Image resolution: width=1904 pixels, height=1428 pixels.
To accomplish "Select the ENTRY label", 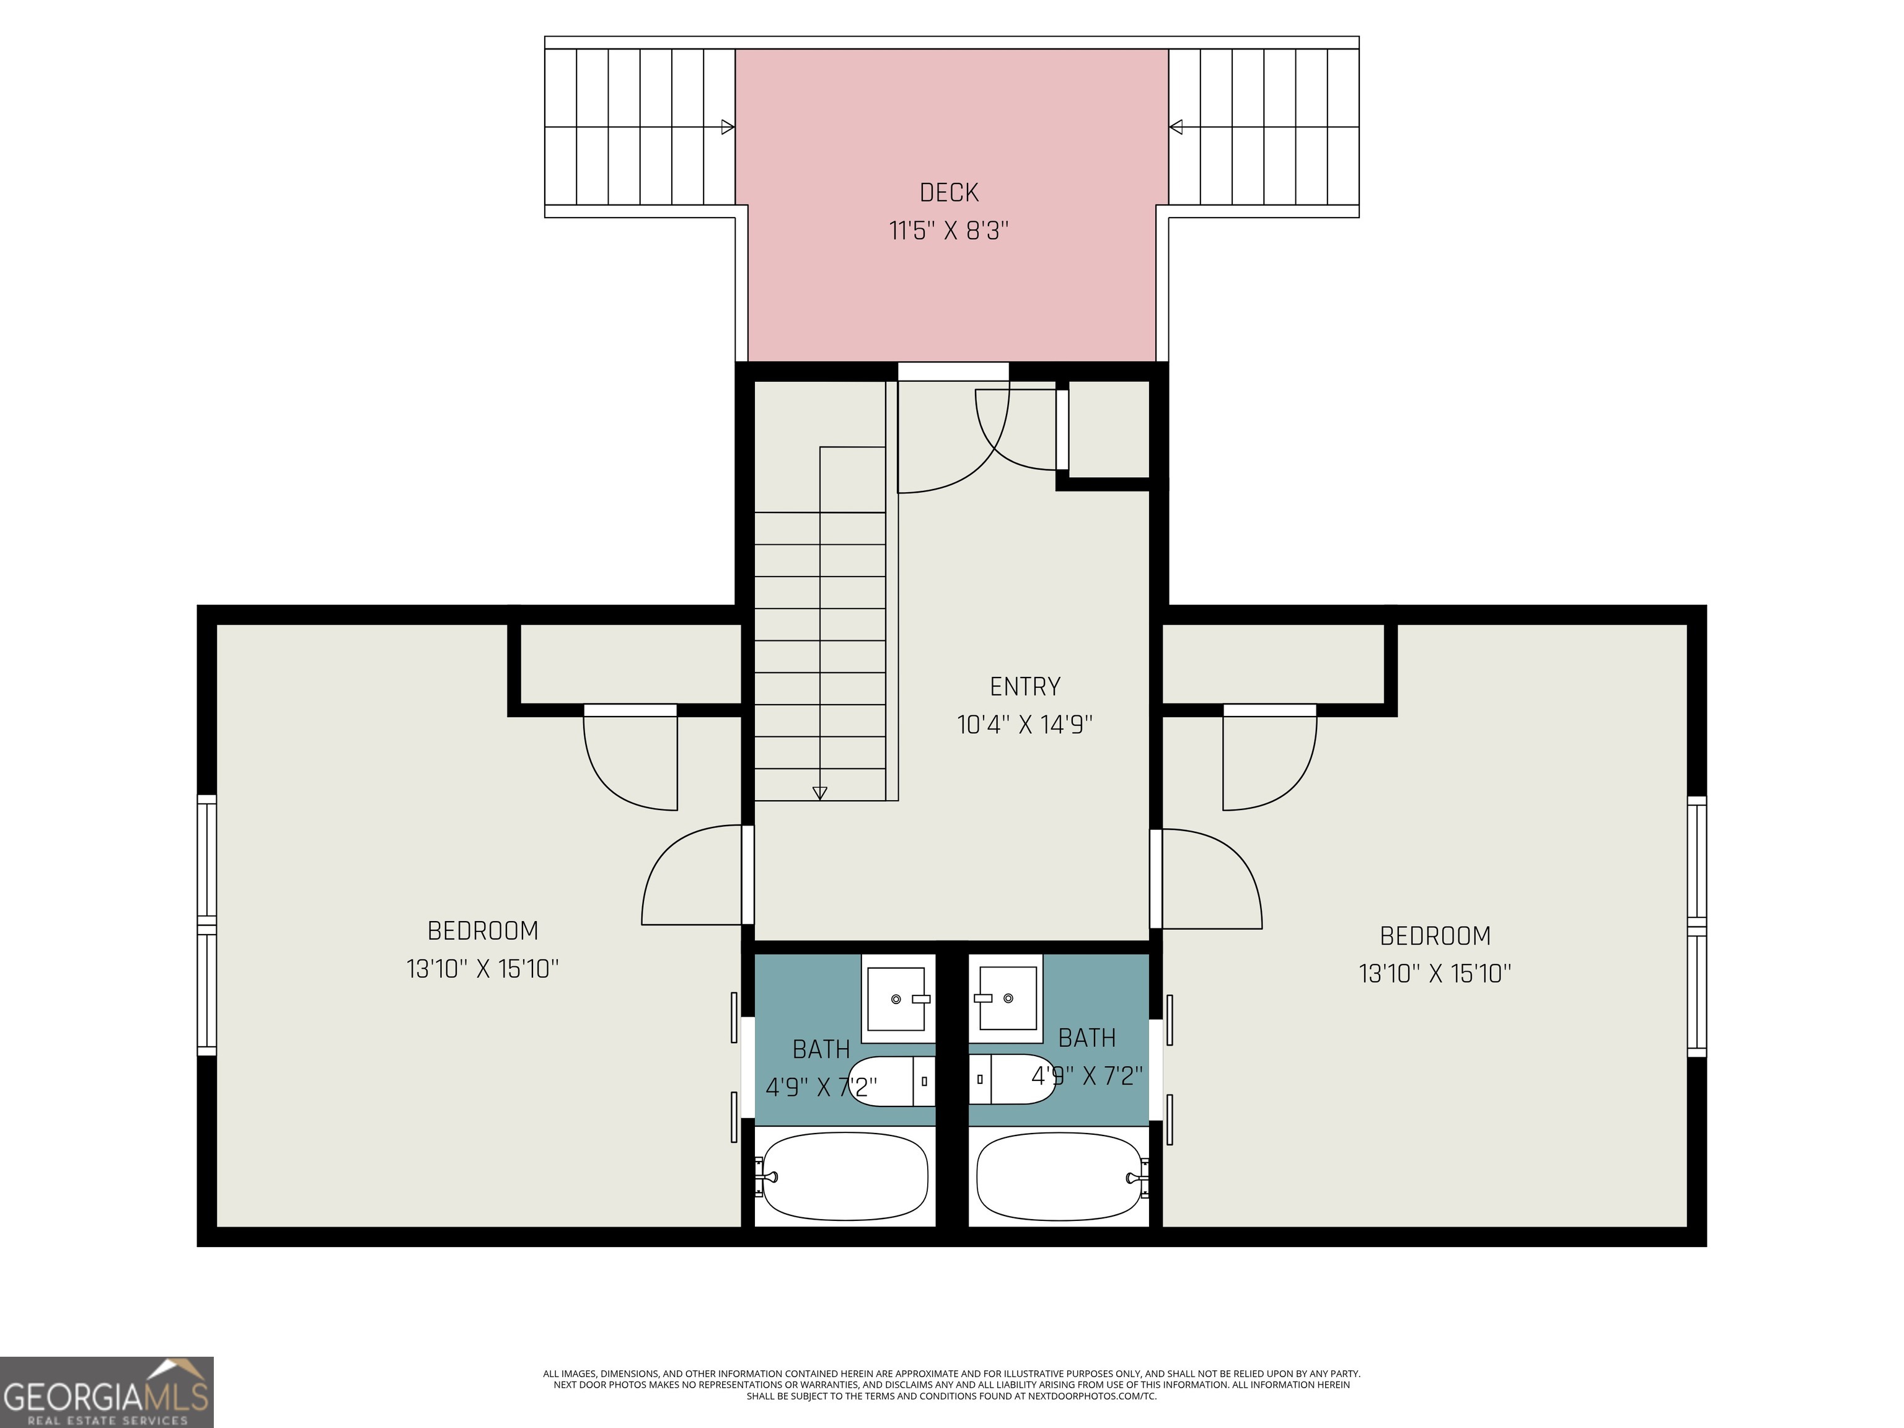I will point(1025,686).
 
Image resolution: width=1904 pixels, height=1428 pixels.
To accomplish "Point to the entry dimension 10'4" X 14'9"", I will point(1025,725).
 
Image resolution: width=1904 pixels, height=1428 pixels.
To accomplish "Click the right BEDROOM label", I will point(1435,936).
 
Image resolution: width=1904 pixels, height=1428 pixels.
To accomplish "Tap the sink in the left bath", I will point(896,998).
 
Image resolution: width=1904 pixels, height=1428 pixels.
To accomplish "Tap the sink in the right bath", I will point(1007,998).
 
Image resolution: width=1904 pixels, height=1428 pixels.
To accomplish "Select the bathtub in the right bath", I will point(1060,1176).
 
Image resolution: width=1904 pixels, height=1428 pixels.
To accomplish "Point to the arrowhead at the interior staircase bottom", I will point(819,793).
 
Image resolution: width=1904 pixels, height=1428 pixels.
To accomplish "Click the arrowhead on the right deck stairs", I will point(1176,128).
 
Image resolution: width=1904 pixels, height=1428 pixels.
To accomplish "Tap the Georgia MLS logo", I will point(106,1392).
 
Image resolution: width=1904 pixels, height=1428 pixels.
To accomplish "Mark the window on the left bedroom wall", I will point(206,925).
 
